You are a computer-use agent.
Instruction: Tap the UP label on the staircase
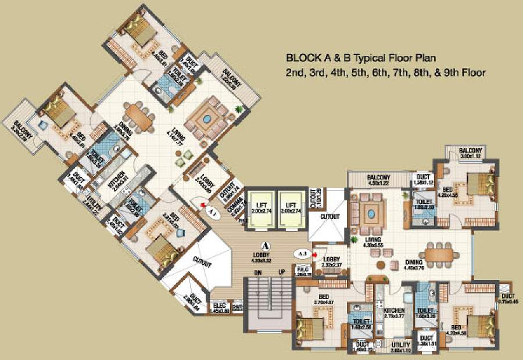[x=281, y=272]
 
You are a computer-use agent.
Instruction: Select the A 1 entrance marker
[x=212, y=213]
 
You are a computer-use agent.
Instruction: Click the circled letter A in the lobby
[x=267, y=246]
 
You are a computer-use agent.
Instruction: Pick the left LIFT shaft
[x=258, y=208]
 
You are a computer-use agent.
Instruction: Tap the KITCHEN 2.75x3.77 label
[x=395, y=314]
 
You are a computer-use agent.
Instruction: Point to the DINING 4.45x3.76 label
[x=418, y=265]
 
